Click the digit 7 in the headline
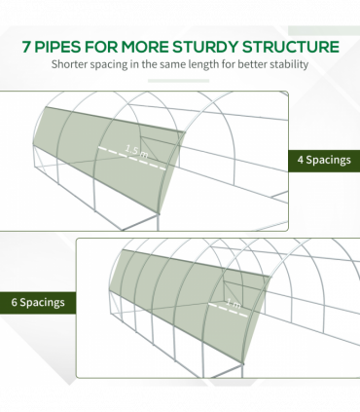tap(27, 47)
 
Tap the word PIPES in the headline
tap(57, 47)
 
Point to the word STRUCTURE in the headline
tap(291, 47)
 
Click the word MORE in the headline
tap(145, 47)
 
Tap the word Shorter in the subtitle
tap(69, 64)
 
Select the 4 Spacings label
tap(324, 160)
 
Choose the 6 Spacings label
tap(38, 302)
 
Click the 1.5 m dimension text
tap(136, 152)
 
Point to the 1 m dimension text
tap(234, 304)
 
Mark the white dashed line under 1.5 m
tap(132, 158)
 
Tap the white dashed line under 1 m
tap(228, 310)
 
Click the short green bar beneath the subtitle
tap(178, 81)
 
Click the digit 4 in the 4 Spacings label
tap(301, 160)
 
